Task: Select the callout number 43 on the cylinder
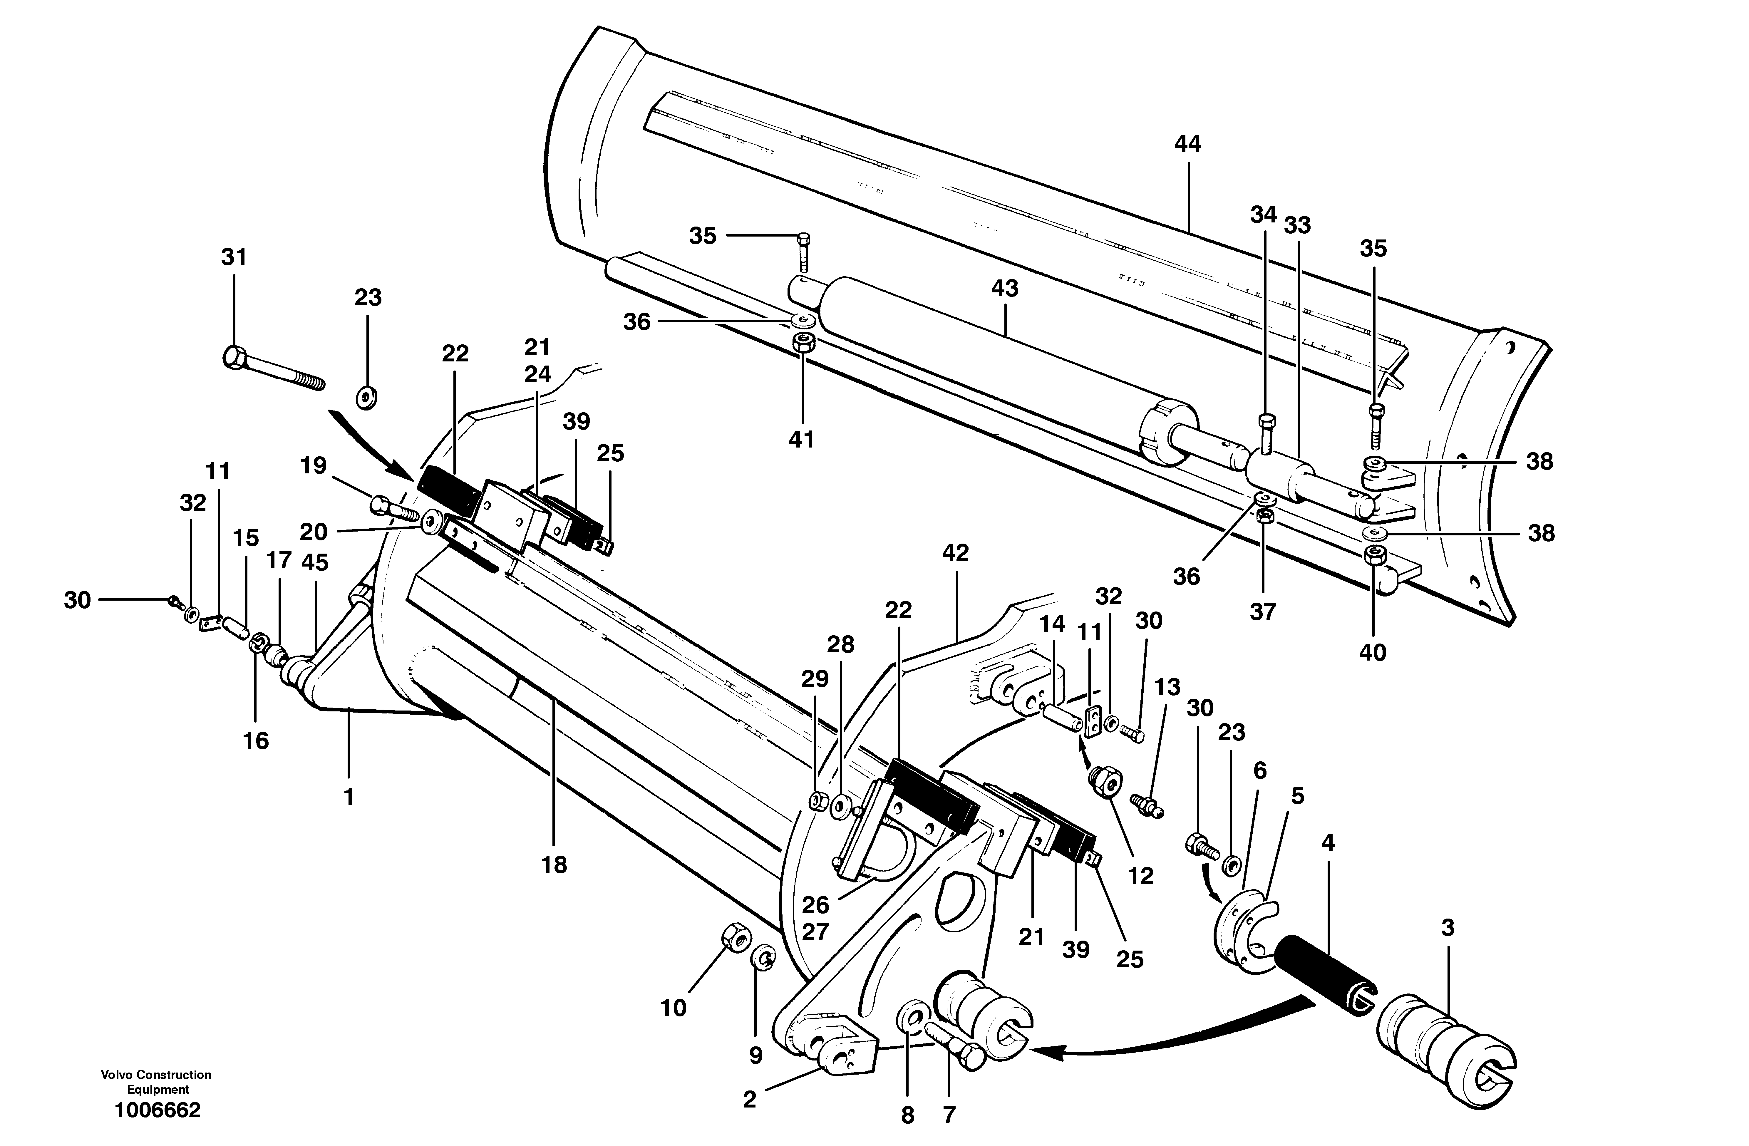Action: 1005,288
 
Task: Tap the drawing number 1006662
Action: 157,1110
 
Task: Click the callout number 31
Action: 234,257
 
